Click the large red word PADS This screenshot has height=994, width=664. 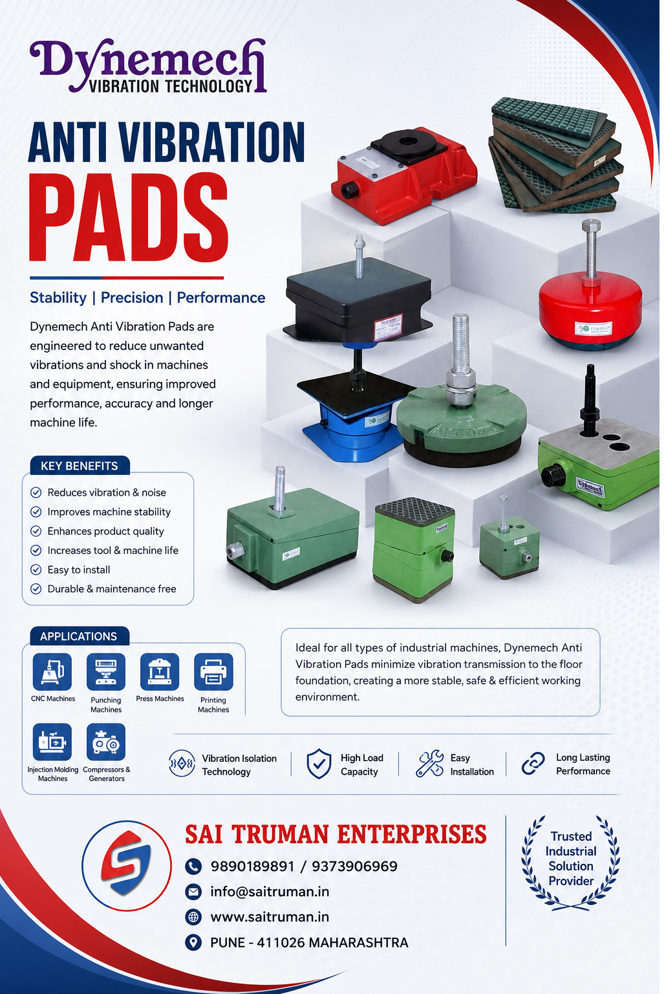[129, 217]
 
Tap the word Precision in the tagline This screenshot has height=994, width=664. [132, 297]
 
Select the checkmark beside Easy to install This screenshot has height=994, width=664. [36, 569]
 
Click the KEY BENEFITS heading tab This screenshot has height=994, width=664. [80, 465]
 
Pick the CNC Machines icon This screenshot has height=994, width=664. [52, 671]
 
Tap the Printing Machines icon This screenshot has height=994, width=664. [213, 671]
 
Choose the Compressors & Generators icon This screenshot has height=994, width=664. [106, 742]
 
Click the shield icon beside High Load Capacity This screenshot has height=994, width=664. [319, 764]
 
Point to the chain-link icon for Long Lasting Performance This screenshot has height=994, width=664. [533, 763]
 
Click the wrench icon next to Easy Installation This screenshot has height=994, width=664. [429, 763]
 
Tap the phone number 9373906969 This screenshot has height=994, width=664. [354, 866]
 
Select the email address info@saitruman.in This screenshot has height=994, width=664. [270, 892]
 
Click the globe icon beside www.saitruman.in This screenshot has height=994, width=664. [193, 917]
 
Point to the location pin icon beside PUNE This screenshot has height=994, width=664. [193, 942]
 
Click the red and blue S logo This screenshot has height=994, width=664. [126, 865]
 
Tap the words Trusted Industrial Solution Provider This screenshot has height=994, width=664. [571, 859]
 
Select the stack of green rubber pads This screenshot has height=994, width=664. [556, 155]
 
